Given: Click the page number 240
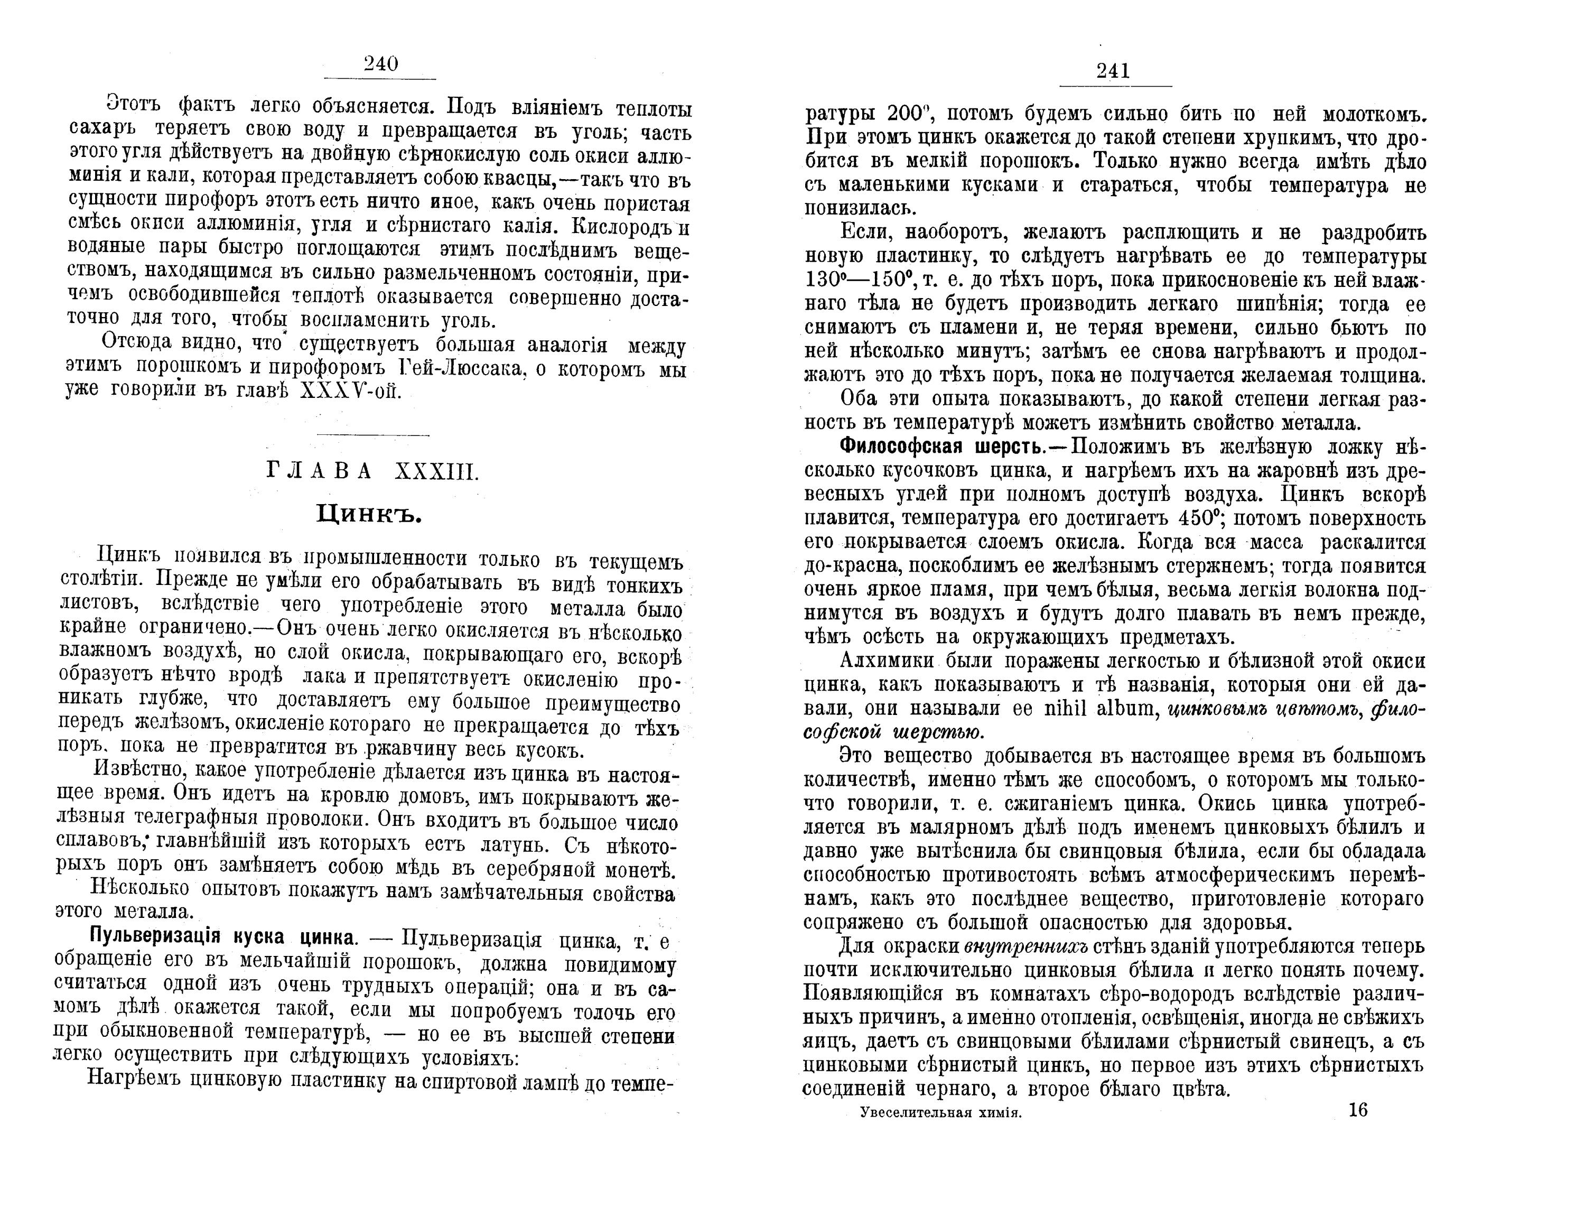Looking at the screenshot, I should (380, 64).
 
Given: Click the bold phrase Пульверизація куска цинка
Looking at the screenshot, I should (221, 939).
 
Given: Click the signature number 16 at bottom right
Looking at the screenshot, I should (1358, 1110).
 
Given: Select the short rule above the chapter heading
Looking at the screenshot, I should (372, 435).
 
